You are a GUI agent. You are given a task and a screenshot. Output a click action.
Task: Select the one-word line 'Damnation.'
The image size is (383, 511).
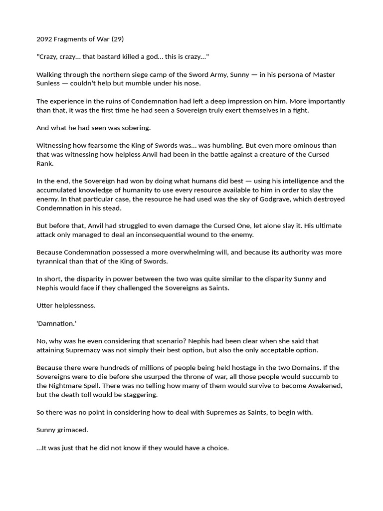(56, 323)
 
